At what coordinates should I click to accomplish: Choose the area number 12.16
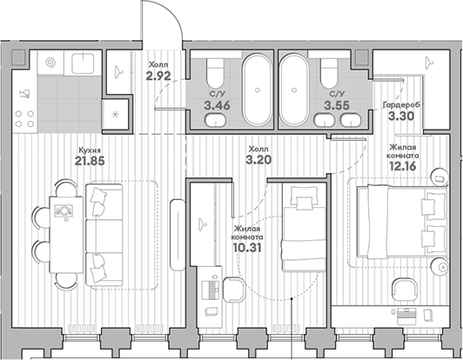(x=403, y=161)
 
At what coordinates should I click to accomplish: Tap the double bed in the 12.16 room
(x=399, y=221)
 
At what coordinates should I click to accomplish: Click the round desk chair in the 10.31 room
(x=232, y=289)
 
